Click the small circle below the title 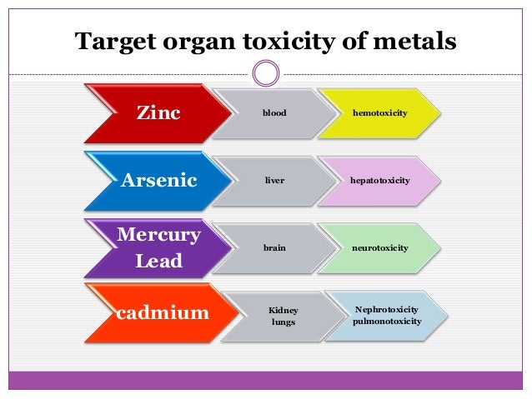pos(266,74)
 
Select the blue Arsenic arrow pos(158,180)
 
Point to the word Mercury pos(158,235)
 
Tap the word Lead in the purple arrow pos(158,261)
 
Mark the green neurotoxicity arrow pos(380,247)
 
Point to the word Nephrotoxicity pos(387,308)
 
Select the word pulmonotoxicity pos(387,321)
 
